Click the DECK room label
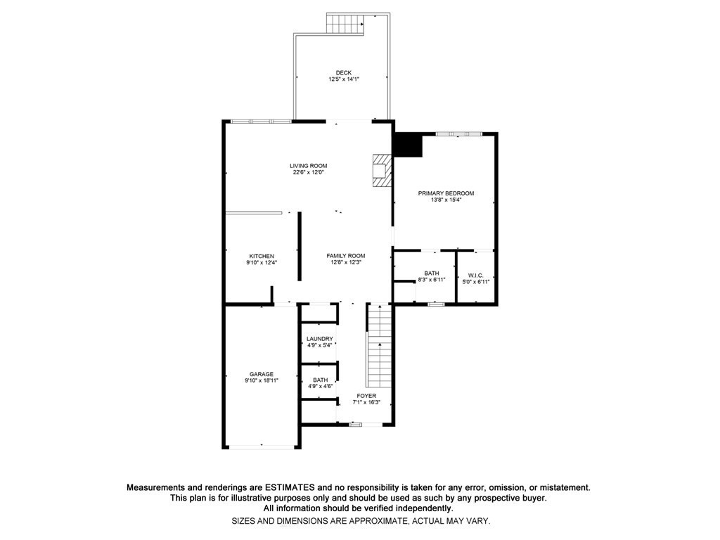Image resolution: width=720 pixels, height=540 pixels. [x=343, y=72]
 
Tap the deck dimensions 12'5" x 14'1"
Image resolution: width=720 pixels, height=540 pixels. [x=343, y=79]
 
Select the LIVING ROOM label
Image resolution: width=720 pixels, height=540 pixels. [x=309, y=166]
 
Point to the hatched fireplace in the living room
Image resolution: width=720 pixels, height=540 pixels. [x=380, y=170]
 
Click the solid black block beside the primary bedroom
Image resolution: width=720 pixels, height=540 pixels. [x=407, y=146]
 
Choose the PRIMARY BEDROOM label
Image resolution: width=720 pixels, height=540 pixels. [x=446, y=193]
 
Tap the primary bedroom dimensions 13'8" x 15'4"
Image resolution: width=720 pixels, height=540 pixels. [x=446, y=200]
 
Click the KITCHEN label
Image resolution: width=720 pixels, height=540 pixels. [x=262, y=256]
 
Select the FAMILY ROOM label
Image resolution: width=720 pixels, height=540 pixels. [x=345, y=256]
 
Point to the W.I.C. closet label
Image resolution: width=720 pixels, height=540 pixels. [x=476, y=274]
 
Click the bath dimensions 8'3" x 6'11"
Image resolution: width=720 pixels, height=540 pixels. [x=432, y=280]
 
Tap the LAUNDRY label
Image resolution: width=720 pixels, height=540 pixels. [x=319, y=339]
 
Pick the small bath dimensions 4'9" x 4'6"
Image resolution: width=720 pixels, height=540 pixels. [x=320, y=386]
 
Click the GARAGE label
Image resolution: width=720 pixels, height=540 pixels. [x=262, y=374]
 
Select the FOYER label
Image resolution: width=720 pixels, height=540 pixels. [x=366, y=396]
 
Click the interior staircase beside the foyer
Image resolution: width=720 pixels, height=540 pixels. [x=379, y=348]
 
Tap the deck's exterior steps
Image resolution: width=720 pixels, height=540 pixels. [x=345, y=23]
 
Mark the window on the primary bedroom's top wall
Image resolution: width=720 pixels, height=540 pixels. [x=458, y=134]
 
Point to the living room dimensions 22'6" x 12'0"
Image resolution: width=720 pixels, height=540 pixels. [x=309, y=173]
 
